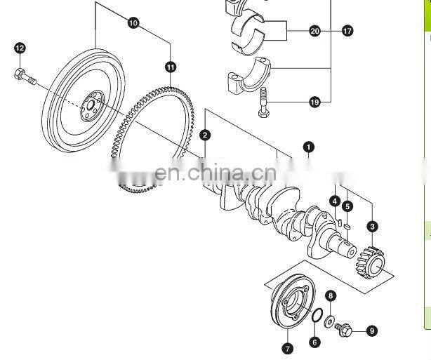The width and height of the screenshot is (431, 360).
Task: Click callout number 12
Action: [x=20, y=48]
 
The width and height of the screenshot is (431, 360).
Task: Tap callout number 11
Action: [x=171, y=67]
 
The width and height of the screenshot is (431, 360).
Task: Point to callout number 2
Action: [x=204, y=134]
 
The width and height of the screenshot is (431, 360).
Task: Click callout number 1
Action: [x=308, y=147]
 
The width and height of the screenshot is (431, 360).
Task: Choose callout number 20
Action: [x=314, y=31]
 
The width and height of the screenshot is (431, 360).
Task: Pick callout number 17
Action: [x=347, y=31]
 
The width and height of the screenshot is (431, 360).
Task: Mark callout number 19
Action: [x=314, y=102]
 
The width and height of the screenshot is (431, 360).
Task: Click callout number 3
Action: [x=372, y=226]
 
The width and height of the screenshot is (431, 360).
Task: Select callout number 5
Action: [x=347, y=206]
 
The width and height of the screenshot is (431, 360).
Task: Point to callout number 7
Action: [x=286, y=348]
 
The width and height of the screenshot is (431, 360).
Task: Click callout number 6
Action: [x=314, y=342]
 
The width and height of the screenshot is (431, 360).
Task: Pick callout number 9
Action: [x=371, y=331]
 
